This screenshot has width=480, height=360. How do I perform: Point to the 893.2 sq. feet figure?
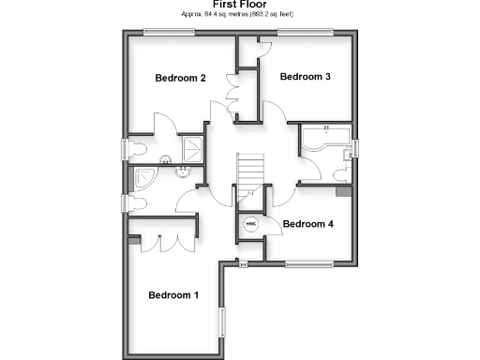[272, 15]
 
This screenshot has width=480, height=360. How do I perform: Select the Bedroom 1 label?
[173, 295]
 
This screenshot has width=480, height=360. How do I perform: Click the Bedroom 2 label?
[180, 78]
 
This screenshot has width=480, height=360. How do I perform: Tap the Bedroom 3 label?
[305, 77]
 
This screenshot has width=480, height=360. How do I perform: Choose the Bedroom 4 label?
[307, 224]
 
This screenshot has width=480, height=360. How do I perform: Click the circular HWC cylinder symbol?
[250, 225]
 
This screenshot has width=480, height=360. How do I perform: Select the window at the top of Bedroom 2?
[169, 33]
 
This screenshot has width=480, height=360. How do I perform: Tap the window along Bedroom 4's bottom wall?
[312, 262]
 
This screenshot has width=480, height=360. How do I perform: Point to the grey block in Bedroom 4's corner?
[344, 192]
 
